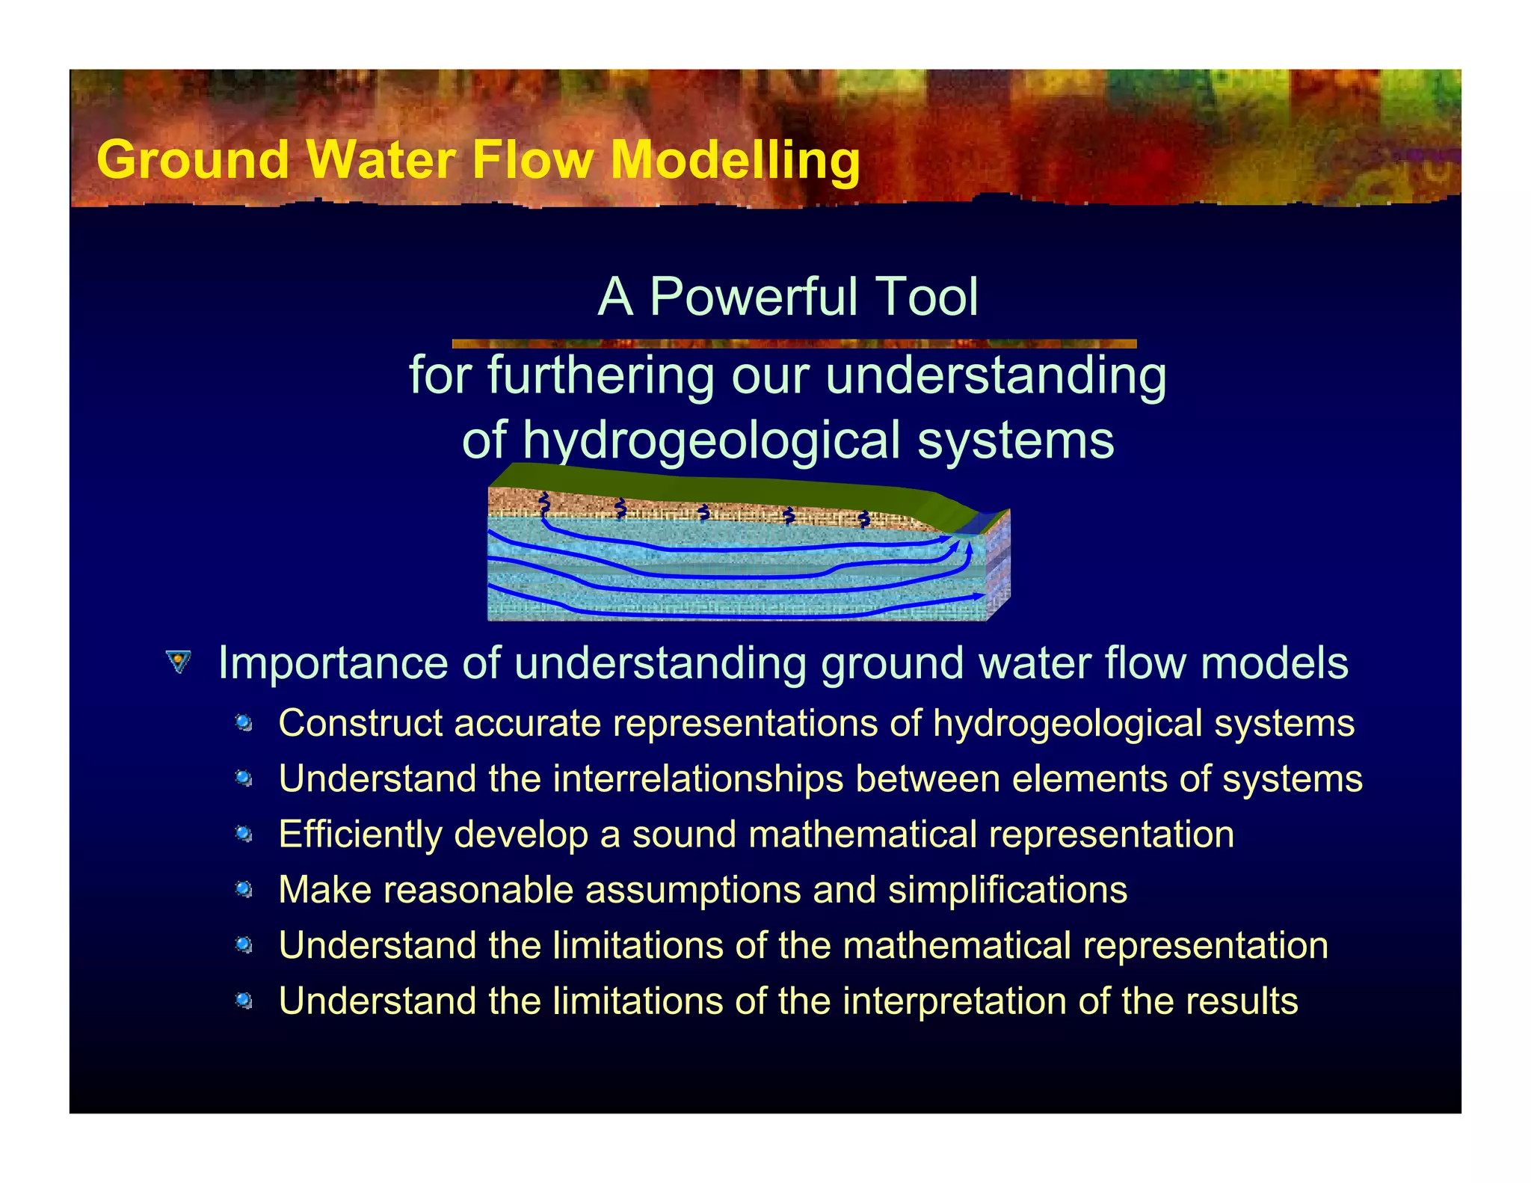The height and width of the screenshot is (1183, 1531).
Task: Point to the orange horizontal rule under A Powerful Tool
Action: [794, 344]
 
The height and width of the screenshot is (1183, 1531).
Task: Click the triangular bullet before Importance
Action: [178, 662]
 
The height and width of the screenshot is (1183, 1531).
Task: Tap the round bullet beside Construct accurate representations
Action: [244, 723]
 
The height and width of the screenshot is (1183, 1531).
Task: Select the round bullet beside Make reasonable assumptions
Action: [244, 890]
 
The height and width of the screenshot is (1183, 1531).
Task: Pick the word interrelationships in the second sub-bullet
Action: [698, 778]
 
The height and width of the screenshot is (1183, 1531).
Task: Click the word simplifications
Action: [1007, 890]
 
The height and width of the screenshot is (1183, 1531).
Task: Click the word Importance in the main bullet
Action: [333, 663]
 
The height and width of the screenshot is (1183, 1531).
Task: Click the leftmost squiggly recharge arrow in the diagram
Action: [544, 504]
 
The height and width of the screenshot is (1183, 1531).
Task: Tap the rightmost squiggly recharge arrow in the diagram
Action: [864, 518]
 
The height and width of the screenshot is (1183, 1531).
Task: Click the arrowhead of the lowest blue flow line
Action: [978, 597]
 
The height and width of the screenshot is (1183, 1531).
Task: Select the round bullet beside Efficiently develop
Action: [244, 834]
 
